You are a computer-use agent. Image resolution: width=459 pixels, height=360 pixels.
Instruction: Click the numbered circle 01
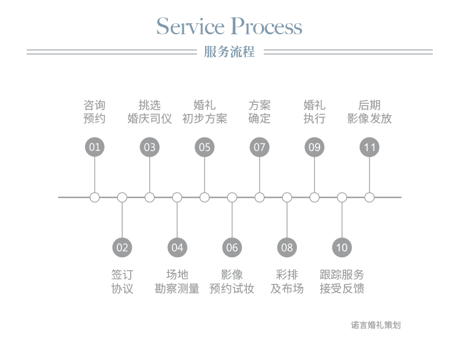click(95, 147)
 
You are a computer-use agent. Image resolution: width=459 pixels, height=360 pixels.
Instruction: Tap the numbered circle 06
click(232, 247)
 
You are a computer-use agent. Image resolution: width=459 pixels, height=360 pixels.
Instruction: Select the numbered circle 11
click(370, 147)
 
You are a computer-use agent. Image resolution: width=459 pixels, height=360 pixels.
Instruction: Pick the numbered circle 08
click(287, 247)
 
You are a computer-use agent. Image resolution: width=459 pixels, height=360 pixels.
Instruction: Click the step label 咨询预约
click(95, 112)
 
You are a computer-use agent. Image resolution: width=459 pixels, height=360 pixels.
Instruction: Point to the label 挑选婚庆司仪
click(149, 112)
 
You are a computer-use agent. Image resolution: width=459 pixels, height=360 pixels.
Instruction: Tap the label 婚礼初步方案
click(205, 112)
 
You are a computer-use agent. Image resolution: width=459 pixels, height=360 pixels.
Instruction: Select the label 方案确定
click(260, 112)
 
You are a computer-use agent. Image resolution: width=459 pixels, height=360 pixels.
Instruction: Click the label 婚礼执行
click(314, 112)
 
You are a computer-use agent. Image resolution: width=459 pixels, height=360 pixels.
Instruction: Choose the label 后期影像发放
click(370, 112)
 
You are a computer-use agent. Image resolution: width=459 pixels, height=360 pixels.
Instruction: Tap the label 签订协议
click(122, 282)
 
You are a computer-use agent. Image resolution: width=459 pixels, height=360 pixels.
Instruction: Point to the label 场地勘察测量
click(177, 282)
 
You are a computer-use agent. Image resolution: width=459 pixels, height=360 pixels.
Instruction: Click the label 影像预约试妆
click(232, 282)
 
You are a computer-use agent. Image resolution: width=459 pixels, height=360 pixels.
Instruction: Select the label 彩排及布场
click(287, 282)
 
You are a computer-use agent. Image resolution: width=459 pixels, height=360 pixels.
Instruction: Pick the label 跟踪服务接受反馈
click(342, 282)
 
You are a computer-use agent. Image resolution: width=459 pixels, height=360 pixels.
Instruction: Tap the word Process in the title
click(267, 27)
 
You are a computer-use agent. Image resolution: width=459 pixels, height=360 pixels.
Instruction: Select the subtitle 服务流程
click(229, 52)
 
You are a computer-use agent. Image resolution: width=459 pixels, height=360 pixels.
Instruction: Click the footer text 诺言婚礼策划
click(376, 325)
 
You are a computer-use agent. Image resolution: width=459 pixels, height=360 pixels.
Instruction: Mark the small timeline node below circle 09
click(314, 197)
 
